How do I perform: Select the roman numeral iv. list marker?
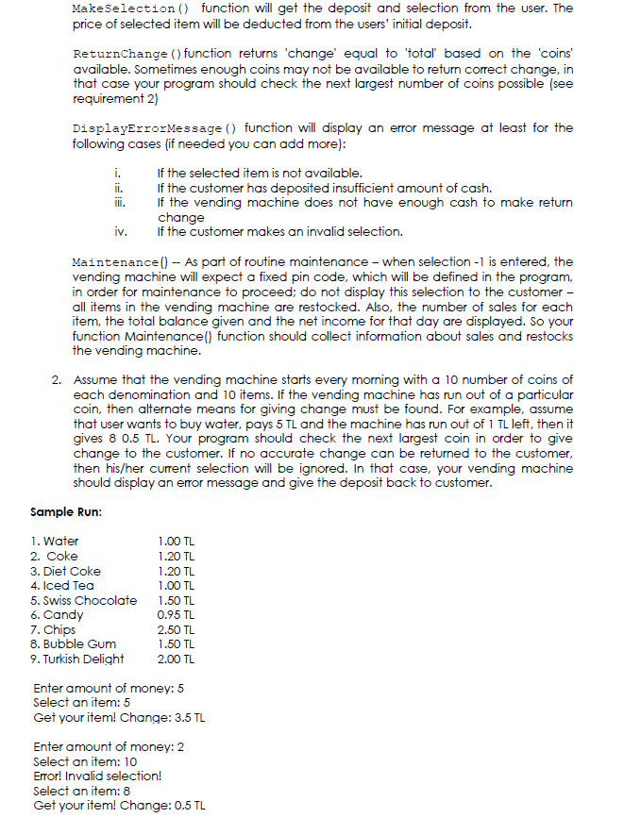pyautogui.click(x=120, y=231)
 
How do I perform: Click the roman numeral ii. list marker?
pyautogui.click(x=118, y=188)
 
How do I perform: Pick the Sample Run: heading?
pyautogui.click(x=66, y=511)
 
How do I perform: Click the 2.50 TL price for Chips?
pyautogui.click(x=177, y=629)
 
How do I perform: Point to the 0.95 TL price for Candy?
pyautogui.click(x=177, y=614)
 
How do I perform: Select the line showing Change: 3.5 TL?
pyautogui.click(x=119, y=717)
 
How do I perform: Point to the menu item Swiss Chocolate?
pyautogui.click(x=84, y=600)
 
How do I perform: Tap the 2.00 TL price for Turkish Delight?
pyautogui.click(x=177, y=659)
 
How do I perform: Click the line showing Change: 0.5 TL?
pyautogui.click(x=119, y=806)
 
